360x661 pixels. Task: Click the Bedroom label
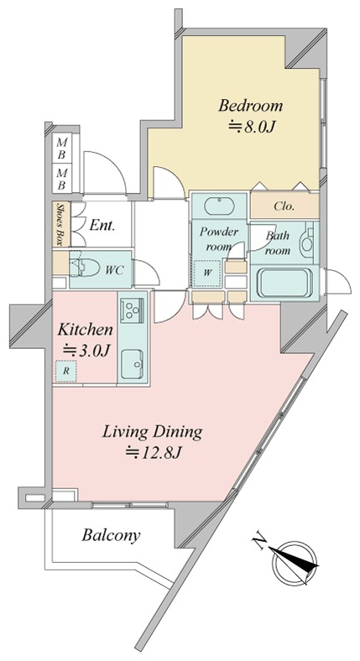click(x=250, y=106)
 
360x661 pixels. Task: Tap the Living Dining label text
click(x=153, y=432)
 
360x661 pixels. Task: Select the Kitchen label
click(x=85, y=329)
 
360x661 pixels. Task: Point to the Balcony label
click(x=112, y=535)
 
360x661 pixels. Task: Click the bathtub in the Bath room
click(x=282, y=283)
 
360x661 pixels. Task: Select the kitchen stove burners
click(x=132, y=310)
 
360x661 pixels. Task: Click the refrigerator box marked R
click(x=65, y=372)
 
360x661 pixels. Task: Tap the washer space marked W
click(x=207, y=273)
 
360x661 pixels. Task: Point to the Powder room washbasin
click(x=219, y=206)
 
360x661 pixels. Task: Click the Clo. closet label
click(x=284, y=206)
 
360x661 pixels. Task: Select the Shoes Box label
click(x=61, y=224)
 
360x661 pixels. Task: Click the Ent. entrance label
click(x=102, y=226)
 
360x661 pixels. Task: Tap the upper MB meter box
click(x=61, y=147)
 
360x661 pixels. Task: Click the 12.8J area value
click(x=154, y=453)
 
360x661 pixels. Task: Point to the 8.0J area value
click(x=252, y=128)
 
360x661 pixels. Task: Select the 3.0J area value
click(x=86, y=351)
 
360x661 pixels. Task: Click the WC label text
click(x=114, y=270)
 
